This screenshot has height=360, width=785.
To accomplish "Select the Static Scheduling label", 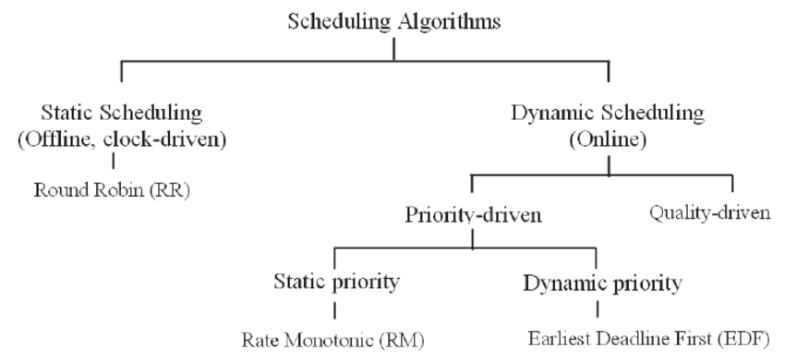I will pos(122,114).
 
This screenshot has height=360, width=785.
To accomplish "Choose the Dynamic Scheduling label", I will pos(608,114).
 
